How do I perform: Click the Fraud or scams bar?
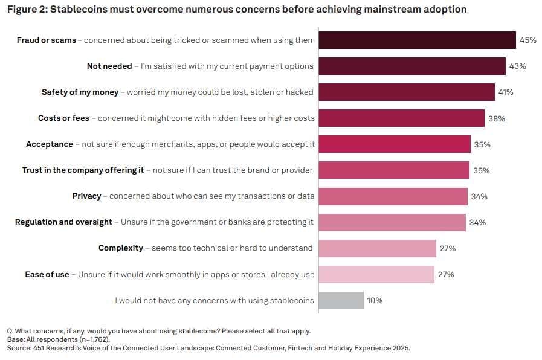tap(417, 40)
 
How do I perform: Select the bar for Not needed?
tap(411, 66)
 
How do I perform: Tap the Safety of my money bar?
tap(406, 92)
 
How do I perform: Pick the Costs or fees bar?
tap(401, 118)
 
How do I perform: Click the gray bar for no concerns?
tap(341, 300)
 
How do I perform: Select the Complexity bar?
tap(377, 248)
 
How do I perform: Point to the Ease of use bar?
tap(376, 274)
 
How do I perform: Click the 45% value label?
tap(527, 40)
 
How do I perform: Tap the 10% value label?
tap(375, 300)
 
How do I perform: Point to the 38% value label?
tap(497, 118)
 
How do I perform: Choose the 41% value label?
tap(505, 92)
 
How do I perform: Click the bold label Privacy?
tap(86, 196)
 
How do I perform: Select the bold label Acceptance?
tap(50, 144)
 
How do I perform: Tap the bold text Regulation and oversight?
tap(63, 222)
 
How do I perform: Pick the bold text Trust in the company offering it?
tap(83, 170)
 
